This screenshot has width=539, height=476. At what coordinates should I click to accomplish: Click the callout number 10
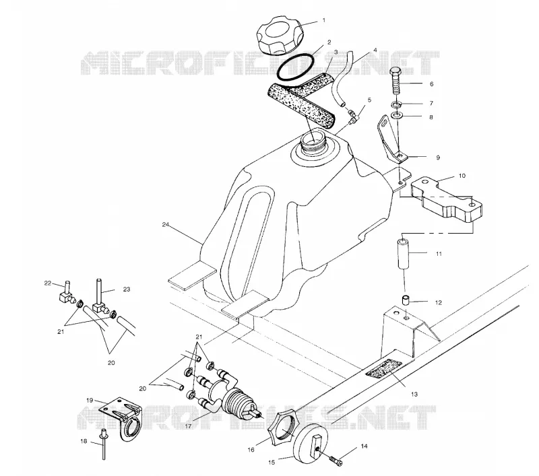(462, 176)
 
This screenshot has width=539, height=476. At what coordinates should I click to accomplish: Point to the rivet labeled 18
(103, 445)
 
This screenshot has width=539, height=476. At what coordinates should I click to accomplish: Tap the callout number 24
(166, 225)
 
